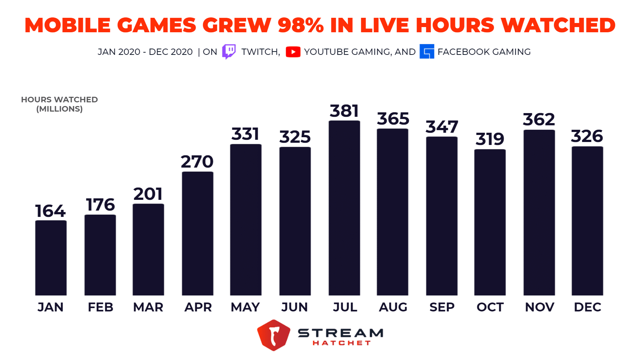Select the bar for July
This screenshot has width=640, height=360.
[x=344, y=208]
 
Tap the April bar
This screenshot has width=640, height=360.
[x=198, y=234]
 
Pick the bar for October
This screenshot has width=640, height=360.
[x=490, y=222]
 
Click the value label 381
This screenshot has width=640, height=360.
[x=344, y=111]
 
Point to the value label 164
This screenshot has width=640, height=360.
[x=50, y=211]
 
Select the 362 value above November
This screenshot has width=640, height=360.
[x=539, y=119]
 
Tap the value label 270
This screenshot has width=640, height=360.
[x=197, y=162]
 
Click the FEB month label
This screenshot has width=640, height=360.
[x=100, y=307]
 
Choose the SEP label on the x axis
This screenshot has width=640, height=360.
[x=442, y=307]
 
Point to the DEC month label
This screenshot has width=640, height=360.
[x=587, y=307]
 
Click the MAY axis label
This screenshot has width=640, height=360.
[x=245, y=307]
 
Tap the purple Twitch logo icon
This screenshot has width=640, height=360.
[x=229, y=52]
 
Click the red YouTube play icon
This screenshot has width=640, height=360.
[x=293, y=52]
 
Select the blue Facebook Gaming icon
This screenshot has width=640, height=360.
[x=427, y=52]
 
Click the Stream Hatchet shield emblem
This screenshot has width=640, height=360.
[x=273, y=335]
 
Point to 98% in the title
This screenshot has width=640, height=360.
[x=301, y=25]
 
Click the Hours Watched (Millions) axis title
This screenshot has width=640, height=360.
[x=59, y=104]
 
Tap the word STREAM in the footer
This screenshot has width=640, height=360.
[x=341, y=333]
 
